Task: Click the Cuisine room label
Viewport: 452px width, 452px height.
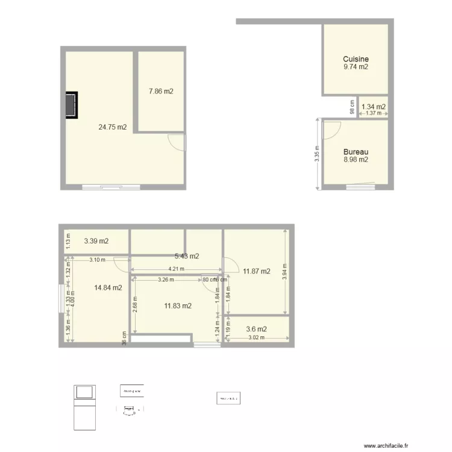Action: point(356,59)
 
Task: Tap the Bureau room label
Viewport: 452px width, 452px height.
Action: point(356,152)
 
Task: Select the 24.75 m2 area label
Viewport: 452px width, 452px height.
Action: point(113,127)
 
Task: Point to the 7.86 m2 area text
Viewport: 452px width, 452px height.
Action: point(161,92)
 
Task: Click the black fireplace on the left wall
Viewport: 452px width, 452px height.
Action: point(72,105)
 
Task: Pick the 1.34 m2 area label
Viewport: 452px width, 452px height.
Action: point(374,107)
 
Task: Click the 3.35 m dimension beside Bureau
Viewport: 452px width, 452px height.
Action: point(317,155)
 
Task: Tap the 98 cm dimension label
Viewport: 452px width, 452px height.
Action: point(353,107)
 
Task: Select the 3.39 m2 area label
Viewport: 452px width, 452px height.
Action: point(96,241)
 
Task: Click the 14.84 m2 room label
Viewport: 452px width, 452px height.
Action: point(108,287)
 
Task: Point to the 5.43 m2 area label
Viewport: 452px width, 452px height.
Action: point(187,256)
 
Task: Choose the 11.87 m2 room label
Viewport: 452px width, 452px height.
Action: point(257,271)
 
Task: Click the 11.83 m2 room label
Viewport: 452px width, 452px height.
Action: point(178,306)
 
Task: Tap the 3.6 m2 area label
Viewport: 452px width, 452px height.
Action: point(256,329)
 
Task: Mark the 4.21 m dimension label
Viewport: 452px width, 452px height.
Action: point(175,269)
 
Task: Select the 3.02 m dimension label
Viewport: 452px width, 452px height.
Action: point(257,338)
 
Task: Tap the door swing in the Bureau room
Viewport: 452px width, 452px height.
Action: point(333,128)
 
